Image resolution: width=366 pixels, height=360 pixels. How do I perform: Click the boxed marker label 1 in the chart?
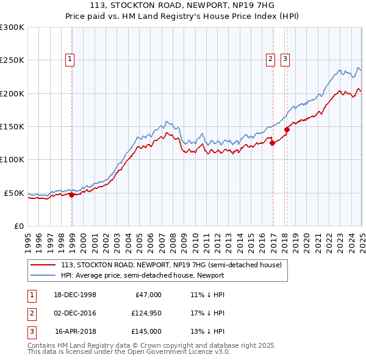70,59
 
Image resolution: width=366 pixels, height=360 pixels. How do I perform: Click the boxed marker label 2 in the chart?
270,59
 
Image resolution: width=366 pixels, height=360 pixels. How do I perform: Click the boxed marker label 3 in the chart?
285,59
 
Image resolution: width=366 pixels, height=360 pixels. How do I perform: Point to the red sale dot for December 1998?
72,195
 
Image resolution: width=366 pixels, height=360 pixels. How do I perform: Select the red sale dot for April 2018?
287,129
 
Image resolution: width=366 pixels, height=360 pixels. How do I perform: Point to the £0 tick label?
18,226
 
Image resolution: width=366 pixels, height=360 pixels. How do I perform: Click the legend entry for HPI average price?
142,275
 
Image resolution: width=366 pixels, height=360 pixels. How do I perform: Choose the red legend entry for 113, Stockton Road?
171,265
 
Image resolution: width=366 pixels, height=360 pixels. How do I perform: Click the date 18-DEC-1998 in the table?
75,295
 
